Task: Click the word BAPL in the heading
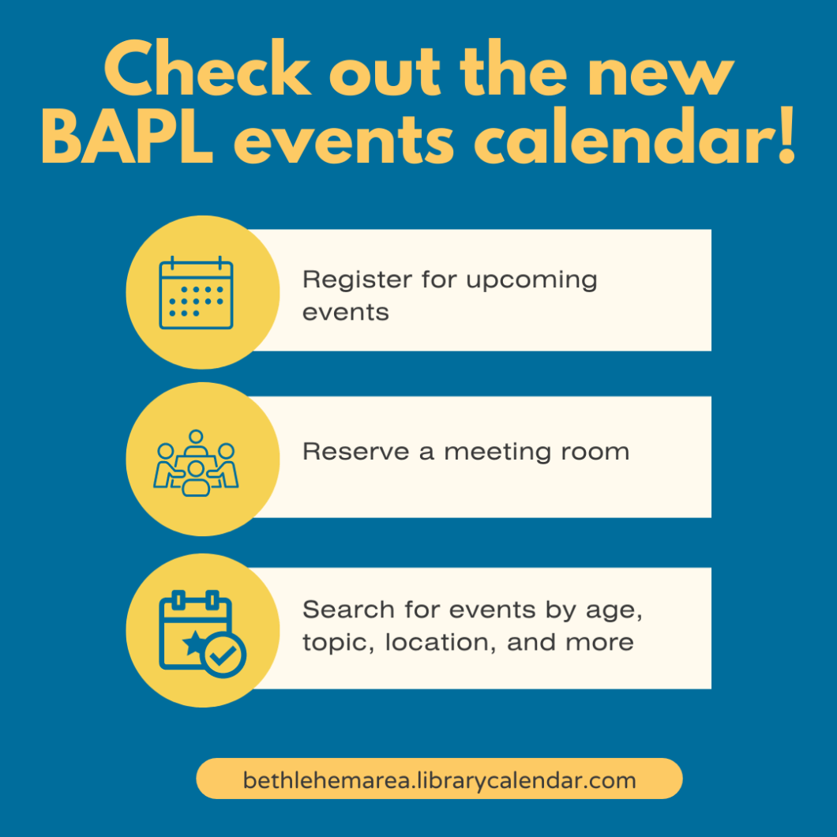[x=127, y=136]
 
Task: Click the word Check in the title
[x=208, y=68]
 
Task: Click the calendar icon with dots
[x=196, y=292]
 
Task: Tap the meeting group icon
[x=196, y=463]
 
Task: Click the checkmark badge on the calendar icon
[x=224, y=655]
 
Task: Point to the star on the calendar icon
[x=194, y=643]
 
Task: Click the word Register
[x=357, y=280]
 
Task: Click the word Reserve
[x=356, y=452]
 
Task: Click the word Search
[x=348, y=609]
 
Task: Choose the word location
[x=441, y=643]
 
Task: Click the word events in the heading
[x=344, y=141]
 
